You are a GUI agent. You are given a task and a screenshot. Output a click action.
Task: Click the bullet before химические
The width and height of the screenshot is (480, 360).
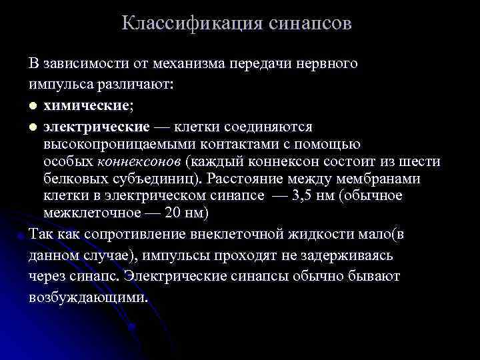33,107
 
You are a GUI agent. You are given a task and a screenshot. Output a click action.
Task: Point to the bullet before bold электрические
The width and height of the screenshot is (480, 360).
33,127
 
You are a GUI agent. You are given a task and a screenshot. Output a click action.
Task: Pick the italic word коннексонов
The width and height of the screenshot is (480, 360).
140,161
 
